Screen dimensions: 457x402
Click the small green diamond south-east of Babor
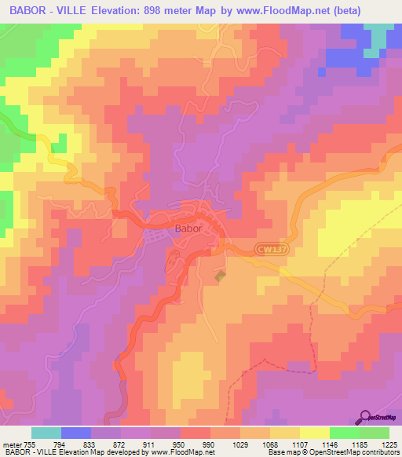[x=221, y=275]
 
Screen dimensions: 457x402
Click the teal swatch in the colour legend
[x=46, y=433]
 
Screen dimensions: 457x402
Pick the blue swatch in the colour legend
[x=76, y=433]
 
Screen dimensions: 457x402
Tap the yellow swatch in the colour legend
[x=315, y=433]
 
